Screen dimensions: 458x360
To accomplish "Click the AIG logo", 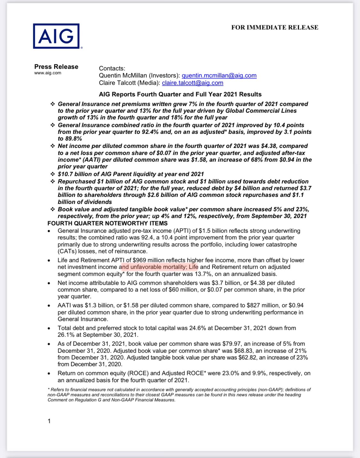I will [x=56, y=36].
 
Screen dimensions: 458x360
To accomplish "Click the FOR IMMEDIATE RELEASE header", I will [x=275, y=28].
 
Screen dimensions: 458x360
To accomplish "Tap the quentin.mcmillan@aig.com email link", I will [x=219, y=76].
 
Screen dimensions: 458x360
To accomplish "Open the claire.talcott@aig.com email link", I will [x=192, y=83].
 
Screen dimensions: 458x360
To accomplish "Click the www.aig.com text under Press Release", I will [x=48, y=73].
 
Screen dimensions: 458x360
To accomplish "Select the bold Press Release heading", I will [x=56, y=67].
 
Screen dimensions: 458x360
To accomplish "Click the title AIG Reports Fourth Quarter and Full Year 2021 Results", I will [x=180, y=94].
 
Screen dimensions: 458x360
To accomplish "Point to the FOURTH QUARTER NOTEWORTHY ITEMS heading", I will [x=108, y=223].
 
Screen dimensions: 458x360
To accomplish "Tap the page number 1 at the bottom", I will [x=49, y=421].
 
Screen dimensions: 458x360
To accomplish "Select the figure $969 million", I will [x=149, y=260].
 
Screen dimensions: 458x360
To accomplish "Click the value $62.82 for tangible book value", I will [x=247, y=358].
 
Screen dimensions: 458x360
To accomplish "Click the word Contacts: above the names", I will [x=112, y=68].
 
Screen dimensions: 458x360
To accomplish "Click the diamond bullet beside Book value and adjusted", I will [x=52, y=209].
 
